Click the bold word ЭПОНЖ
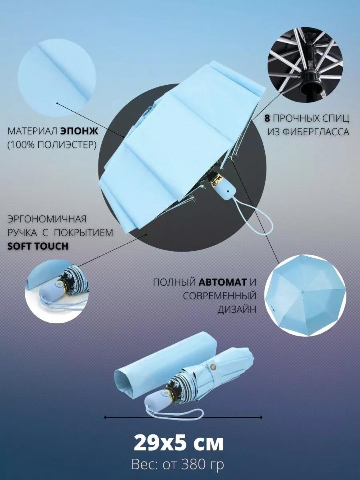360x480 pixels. (x=79, y=132)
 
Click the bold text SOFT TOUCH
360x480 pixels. (x=38, y=246)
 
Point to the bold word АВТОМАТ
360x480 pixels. (x=222, y=282)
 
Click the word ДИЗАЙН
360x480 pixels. (x=237, y=310)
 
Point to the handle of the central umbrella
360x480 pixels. (x=225, y=191)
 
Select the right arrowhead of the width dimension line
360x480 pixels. (x=261, y=418)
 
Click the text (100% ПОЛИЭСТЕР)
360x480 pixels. (x=52, y=145)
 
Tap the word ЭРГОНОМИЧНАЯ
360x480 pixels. (x=47, y=219)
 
